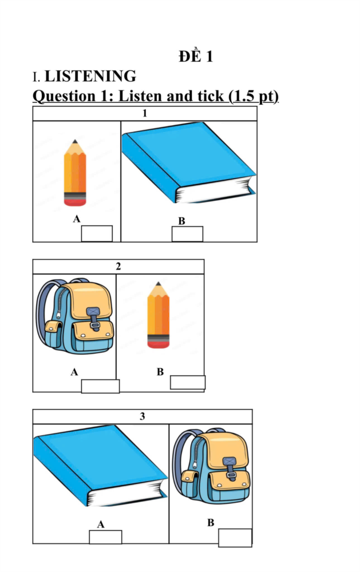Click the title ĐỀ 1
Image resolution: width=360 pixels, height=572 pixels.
pos(196,56)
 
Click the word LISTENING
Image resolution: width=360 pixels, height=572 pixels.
pos(90,76)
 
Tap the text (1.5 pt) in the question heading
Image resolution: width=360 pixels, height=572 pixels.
pos(254,96)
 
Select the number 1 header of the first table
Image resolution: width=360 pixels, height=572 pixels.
pos(145,113)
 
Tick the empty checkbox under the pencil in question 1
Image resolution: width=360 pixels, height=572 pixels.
pos(97,233)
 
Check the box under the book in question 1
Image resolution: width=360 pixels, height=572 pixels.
pos(187,234)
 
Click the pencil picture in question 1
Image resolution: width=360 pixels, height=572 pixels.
pos(75,173)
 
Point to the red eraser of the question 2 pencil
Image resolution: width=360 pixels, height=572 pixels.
pos(158,344)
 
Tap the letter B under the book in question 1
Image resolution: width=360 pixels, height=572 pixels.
pos(181,221)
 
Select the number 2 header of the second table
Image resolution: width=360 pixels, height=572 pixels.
pos(118,267)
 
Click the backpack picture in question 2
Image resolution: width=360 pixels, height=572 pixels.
pos(74,316)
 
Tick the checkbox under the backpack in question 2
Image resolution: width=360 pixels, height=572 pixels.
pos(100,386)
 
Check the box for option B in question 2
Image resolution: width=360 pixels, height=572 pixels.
pos(188,382)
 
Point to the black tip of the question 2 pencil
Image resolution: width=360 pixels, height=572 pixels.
pos(158,284)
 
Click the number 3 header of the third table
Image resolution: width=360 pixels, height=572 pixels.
pos(143,416)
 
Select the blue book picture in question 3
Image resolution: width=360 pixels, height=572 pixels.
pos(100,465)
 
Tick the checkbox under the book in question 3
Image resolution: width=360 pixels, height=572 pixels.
pos(105,537)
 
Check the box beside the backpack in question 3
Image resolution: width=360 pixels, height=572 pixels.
pos(235,538)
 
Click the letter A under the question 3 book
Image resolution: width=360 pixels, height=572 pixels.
pos(101,525)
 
